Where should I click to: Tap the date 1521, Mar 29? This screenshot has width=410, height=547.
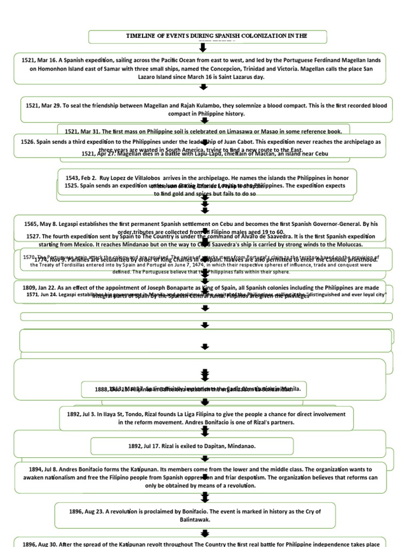[44, 106]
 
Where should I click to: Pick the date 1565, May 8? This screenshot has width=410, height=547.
[43, 224]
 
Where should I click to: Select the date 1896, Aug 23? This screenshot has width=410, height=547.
[88, 511]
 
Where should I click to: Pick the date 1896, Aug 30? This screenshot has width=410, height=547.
[43, 544]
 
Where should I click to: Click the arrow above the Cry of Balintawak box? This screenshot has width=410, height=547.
[203, 497]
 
